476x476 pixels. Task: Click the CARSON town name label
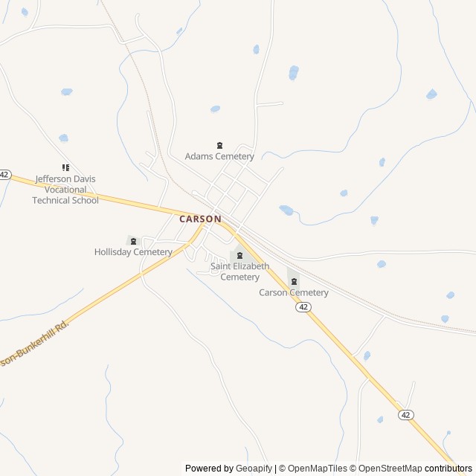pos(200,219)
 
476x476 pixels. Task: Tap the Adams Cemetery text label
pos(219,157)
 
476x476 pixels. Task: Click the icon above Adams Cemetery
pos(219,145)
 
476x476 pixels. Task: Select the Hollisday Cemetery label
pos(133,252)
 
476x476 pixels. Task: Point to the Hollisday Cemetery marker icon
pos(133,240)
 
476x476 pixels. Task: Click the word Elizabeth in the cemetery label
pos(251,266)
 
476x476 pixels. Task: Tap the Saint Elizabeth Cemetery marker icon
pos(239,256)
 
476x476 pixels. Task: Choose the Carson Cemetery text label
pos(294,293)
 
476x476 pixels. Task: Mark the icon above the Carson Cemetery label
pos(295,281)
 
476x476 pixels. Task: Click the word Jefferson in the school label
pos(54,179)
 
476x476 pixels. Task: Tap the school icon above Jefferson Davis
pos(65,168)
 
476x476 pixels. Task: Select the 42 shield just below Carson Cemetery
pos(303,307)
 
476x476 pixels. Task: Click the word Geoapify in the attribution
pos(254,469)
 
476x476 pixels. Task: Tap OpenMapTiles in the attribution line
pos(317,469)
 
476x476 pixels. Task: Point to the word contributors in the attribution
pos(448,469)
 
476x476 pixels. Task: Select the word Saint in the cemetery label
pos(221,266)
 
